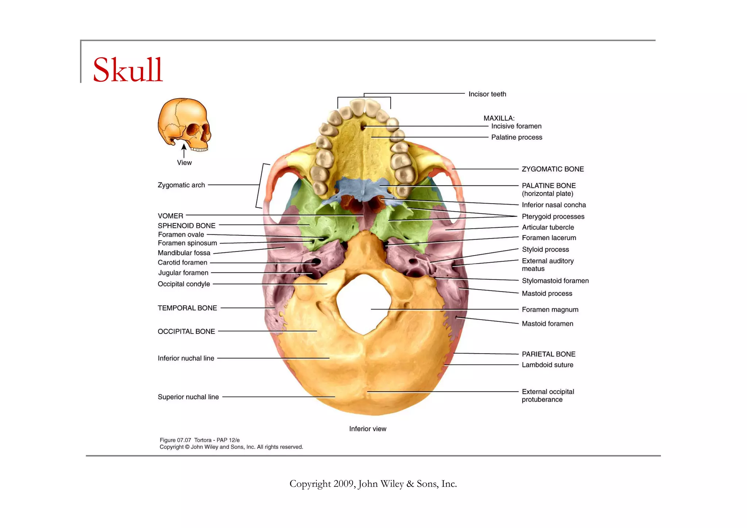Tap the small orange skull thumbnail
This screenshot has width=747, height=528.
[184, 124]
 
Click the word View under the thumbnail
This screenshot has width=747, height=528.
[184, 163]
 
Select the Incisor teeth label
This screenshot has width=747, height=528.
[487, 94]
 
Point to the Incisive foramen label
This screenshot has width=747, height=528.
[516, 126]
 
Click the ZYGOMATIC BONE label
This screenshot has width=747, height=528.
[553, 169]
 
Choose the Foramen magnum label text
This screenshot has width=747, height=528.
[550, 310]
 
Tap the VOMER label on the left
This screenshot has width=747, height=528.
[170, 216]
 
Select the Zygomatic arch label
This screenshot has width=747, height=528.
[181, 185]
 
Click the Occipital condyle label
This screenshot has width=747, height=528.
[183, 284]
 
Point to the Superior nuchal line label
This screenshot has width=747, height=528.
[188, 397]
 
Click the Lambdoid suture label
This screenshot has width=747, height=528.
[547, 365]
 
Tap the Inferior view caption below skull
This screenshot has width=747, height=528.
[367, 429]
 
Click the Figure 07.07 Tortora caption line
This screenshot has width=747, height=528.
[200, 440]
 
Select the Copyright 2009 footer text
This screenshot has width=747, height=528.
[373, 484]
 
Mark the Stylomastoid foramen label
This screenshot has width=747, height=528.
[555, 281]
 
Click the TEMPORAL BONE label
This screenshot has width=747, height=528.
[187, 308]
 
